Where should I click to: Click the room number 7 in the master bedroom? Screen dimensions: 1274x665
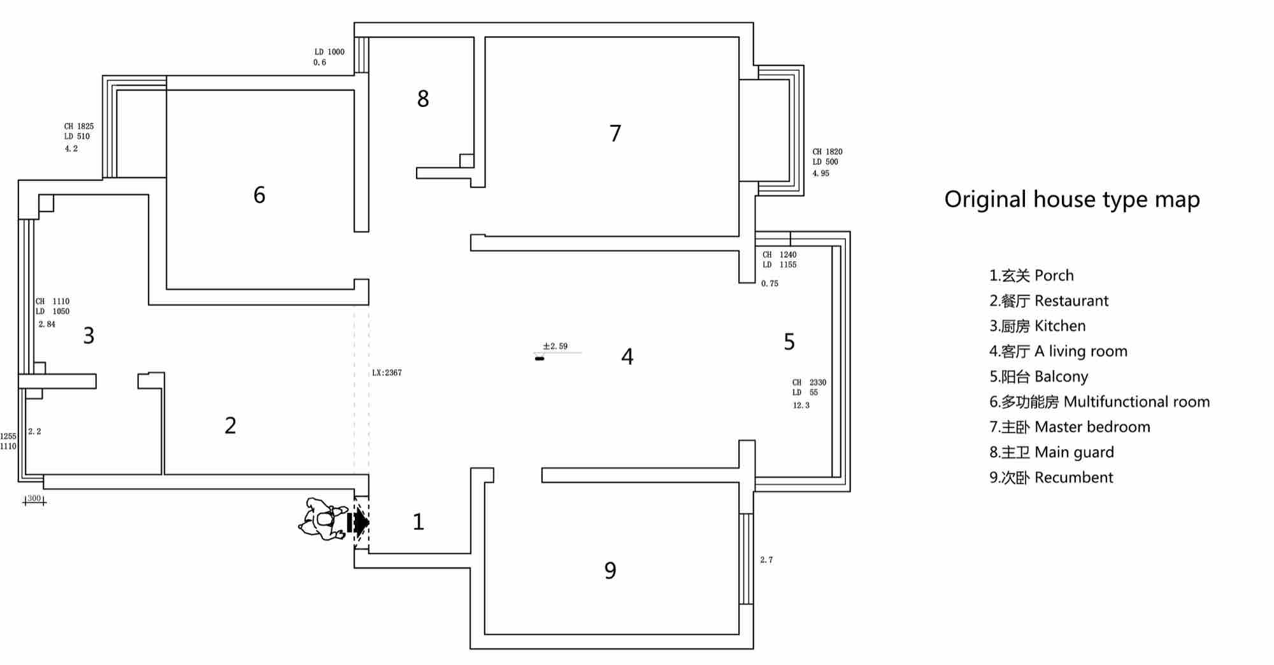click(615, 133)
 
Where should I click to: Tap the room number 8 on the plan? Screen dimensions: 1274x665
click(423, 99)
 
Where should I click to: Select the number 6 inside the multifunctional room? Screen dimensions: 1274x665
click(259, 195)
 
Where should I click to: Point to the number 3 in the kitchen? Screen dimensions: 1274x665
click(89, 336)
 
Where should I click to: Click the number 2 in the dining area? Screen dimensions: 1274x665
click(231, 425)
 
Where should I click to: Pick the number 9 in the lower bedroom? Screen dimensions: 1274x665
click(610, 571)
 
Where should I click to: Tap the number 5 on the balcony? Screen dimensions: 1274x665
click(789, 342)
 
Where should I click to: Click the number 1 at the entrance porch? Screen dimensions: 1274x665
click(419, 522)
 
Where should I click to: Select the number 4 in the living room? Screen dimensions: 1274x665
click(627, 357)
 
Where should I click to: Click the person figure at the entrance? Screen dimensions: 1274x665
click(323, 520)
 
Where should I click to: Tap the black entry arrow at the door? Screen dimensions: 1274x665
click(358, 522)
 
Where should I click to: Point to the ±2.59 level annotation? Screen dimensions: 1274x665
click(555, 347)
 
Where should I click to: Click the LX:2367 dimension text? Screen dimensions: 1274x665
click(387, 373)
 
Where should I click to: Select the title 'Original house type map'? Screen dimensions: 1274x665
click(1072, 199)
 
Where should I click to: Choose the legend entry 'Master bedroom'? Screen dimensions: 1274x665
click(1070, 427)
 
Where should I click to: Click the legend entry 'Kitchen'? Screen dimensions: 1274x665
click(1037, 326)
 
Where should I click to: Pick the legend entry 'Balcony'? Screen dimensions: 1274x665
click(1038, 376)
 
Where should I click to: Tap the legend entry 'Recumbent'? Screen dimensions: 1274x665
click(1051, 478)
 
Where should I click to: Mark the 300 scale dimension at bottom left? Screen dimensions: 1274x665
click(34, 499)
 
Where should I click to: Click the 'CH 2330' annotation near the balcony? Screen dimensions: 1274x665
click(809, 382)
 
